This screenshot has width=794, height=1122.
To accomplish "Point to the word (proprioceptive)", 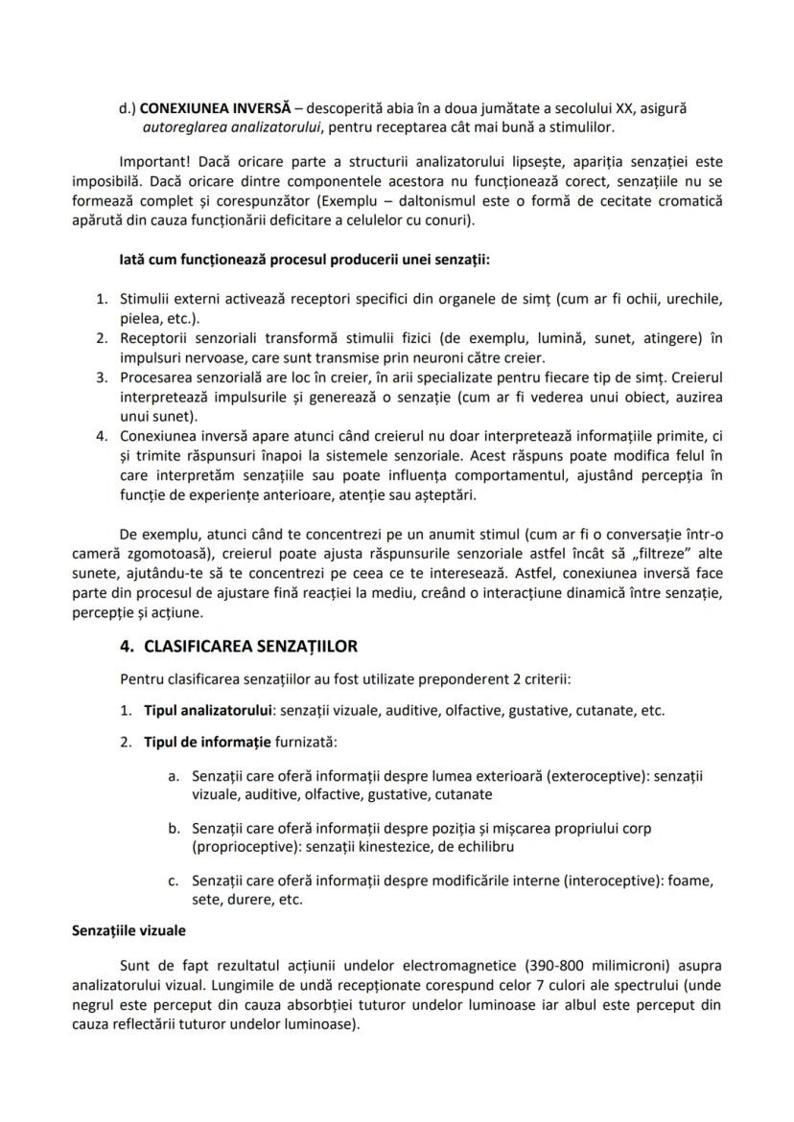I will [245, 846].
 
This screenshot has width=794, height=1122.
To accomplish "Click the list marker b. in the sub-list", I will [174, 829].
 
